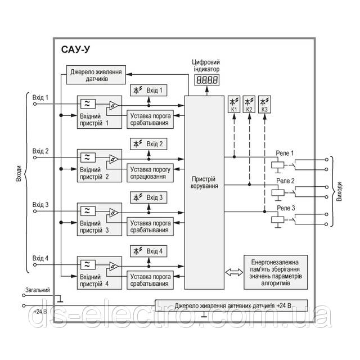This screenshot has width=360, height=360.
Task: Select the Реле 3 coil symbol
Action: pyautogui.click(x=276, y=220)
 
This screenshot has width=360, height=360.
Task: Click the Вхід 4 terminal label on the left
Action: pyautogui.click(x=40, y=258)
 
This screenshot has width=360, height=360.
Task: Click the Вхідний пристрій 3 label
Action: pyautogui.click(x=94, y=227)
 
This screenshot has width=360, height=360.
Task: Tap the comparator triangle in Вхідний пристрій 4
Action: pyautogui.click(x=114, y=265)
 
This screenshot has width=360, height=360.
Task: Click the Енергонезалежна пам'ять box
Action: pyautogui.click(x=276, y=268)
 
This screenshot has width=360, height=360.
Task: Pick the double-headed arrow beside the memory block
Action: pyautogui.click(x=232, y=272)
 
